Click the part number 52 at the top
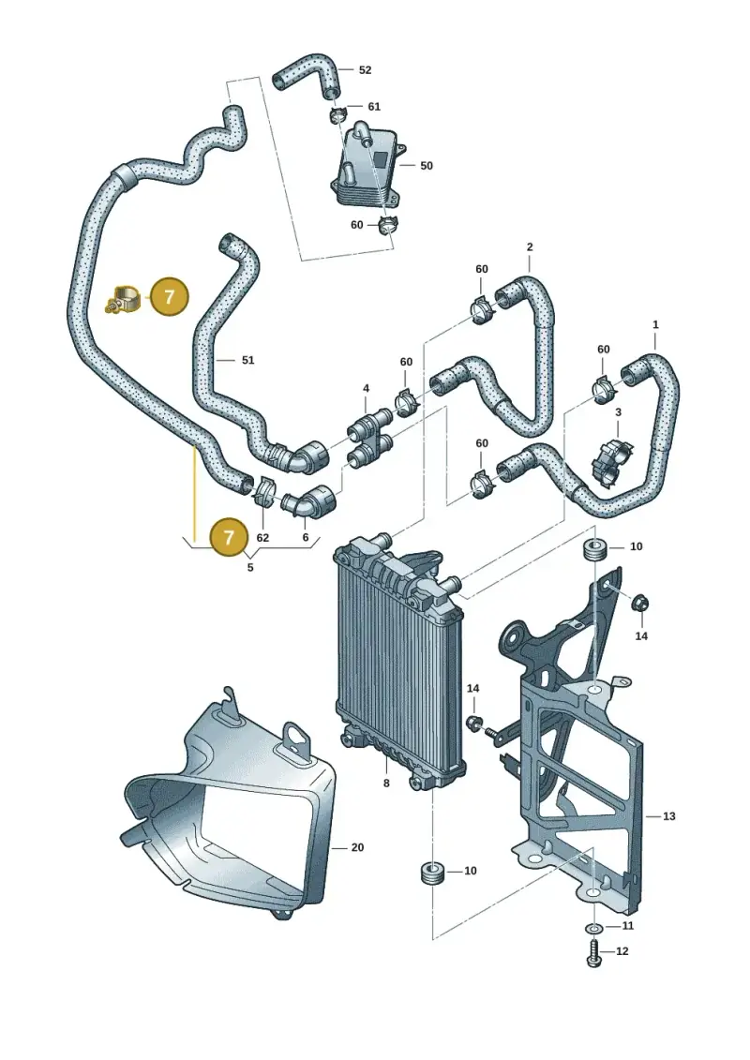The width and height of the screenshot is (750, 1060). click(366, 70)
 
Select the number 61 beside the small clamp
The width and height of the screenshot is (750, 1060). click(374, 107)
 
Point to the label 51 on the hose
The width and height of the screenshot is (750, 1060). click(248, 360)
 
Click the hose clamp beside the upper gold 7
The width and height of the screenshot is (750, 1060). click(124, 299)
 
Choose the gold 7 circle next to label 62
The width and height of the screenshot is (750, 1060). click(230, 537)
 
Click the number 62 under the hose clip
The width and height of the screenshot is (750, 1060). click(263, 538)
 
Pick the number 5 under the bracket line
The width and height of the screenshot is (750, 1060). click(250, 567)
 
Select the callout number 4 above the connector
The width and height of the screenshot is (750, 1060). click(366, 389)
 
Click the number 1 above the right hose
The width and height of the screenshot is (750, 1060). click(655, 325)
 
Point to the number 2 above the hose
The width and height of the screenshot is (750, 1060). click(530, 247)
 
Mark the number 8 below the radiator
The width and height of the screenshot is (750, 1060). click(386, 784)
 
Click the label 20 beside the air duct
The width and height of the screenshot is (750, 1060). click(358, 848)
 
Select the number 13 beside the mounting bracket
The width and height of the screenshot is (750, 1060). click(668, 816)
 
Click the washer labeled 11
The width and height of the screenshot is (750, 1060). click(593, 926)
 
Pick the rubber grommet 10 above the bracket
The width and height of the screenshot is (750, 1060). click(595, 549)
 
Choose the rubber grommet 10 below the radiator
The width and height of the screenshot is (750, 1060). click(431, 872)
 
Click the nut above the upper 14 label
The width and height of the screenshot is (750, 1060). click(641, 603)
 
